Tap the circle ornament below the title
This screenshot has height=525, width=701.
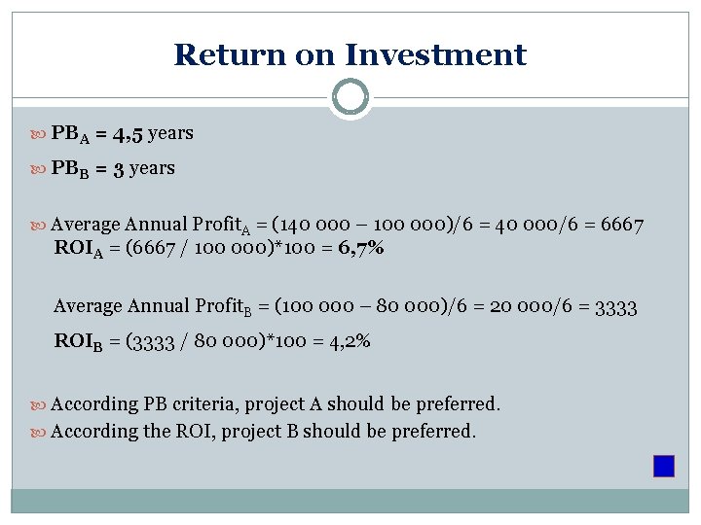point(350,97)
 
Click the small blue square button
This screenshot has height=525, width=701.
point(664,466)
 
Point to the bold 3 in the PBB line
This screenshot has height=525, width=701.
point(118,168)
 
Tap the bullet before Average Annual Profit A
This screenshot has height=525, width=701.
point(40,226)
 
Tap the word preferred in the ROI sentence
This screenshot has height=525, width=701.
point(432,431)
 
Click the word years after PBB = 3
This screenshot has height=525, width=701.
point(152,168)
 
